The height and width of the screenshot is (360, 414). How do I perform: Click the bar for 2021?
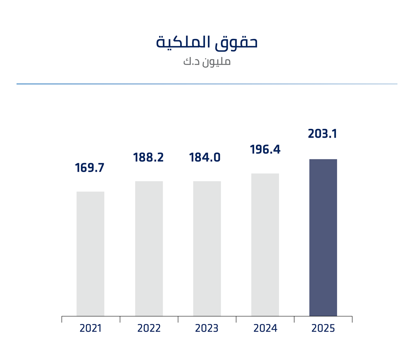[x=90, y=254]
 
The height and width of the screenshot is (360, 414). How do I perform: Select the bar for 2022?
[x=149, y=248]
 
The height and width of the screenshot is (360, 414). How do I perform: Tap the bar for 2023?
[x=207, y=248]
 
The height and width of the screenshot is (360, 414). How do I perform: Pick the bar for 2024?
[x=265, y=244]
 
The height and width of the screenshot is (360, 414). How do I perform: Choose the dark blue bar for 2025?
[x=323, y=238]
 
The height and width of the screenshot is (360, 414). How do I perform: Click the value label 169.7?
[x=90, y=168]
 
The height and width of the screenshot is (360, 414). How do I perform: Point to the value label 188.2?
[x=149, y=158]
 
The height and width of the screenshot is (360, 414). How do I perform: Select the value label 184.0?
[x=205, y=158]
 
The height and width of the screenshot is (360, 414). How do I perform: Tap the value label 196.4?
[x=265, y=150]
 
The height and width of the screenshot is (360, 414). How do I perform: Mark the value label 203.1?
[x=323, y=134]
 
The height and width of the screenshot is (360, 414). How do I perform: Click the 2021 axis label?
[x=90, y=328]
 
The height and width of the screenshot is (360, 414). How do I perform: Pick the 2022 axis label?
[x=149, y=328]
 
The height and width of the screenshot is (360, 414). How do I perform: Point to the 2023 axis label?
[x=207, y=328]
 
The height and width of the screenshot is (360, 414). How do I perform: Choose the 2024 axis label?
[x=265, y=328]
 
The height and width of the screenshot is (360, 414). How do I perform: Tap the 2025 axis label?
[x=323, y=328]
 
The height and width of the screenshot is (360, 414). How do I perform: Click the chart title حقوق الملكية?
[x=207, y=43]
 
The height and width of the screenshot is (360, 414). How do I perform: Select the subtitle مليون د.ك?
[x=207, y=62]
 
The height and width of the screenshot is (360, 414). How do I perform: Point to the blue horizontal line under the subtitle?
[x=207, y=84]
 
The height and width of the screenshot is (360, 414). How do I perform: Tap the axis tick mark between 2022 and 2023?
[x=178, y=319]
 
